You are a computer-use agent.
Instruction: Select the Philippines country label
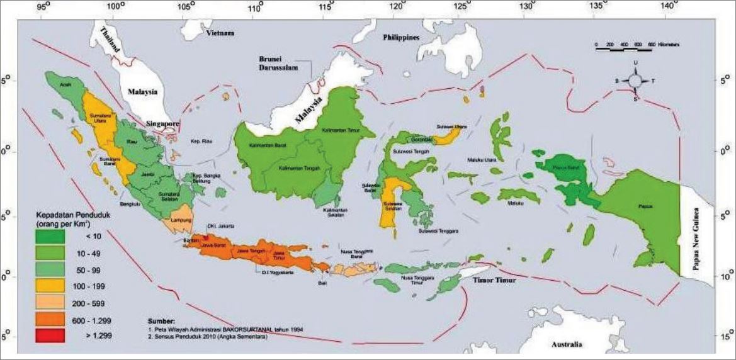[x=401, y=38]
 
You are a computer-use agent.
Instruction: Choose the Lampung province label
[x=178, y=220]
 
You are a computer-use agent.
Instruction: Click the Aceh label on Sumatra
[x=63, y=82]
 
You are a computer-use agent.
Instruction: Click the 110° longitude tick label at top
[x=256, y=8]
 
